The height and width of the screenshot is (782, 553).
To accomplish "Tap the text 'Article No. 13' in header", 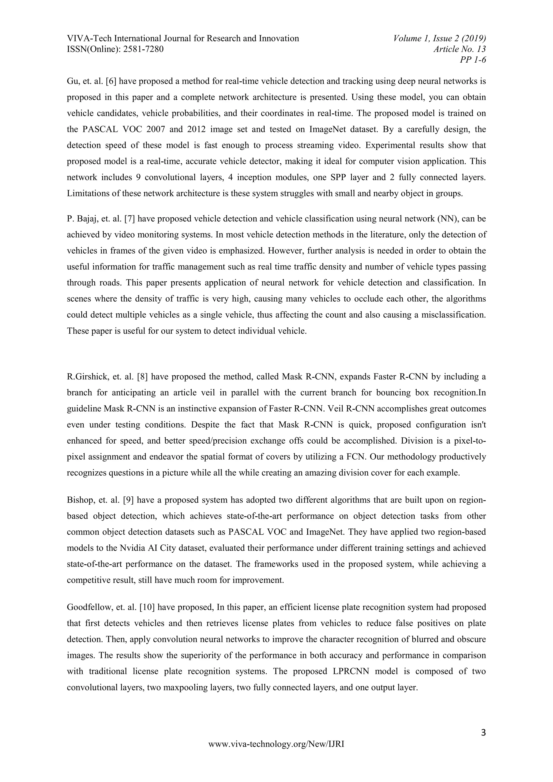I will click(459, 49).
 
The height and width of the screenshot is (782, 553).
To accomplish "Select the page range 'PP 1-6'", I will click(473, 60).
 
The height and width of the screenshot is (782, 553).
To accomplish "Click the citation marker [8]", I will click(142, 377).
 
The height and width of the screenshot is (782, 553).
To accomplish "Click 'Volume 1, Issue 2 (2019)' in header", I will click(439, 38).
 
